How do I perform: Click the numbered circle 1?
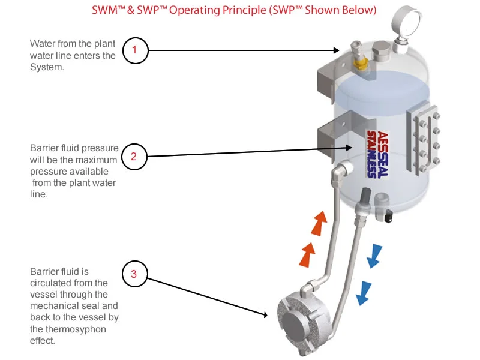click(134, 50)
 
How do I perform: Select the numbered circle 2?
click(133, 157)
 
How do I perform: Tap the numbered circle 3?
click(134, 274)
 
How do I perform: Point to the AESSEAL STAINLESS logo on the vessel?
click(378, 153)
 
